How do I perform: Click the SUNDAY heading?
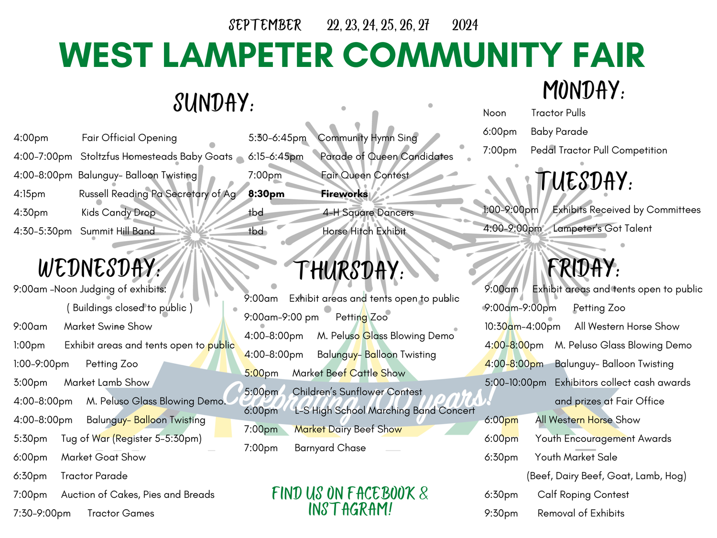click(213, 103)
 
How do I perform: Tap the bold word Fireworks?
click(344, 194)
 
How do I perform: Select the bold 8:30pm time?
click(266, 194)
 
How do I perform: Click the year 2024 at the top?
click(465, 25)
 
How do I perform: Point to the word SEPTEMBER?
click(265, 25)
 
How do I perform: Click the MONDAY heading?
click(583, 90)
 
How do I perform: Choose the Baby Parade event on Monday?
click(559, 132)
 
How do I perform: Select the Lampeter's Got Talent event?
click(602, 229)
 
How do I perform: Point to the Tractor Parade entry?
click(94, 476)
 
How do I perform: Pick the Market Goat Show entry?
click(103, 457)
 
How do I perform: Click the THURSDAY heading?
click(348, 271)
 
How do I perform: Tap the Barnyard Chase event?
click(330, 448)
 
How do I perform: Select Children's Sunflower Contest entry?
click(357, 392)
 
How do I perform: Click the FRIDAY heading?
click(583, 268)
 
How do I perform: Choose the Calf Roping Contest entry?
click(583, 494)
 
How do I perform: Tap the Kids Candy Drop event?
click(118, 212)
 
